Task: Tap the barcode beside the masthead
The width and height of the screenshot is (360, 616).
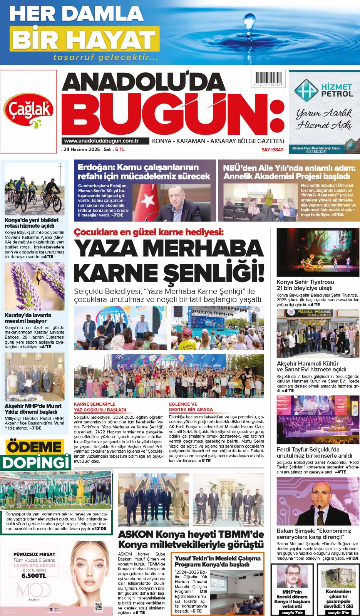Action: (268, 80)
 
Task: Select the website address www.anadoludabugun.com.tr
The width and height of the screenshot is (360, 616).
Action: (101, 141)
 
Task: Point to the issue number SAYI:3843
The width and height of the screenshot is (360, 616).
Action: (272, 149)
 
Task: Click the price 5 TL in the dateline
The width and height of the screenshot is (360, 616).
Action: (120, 149)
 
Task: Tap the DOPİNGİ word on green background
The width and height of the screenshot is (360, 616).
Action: (37, 462)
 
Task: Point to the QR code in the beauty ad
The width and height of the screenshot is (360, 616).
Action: (99, 607)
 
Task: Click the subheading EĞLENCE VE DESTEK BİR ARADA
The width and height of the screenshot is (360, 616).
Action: (191, 407)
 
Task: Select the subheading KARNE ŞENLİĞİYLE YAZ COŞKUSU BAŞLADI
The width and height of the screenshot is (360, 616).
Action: (100, 407)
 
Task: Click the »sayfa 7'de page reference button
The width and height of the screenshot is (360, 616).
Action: (292, 612)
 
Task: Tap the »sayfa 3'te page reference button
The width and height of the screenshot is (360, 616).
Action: (338, 612)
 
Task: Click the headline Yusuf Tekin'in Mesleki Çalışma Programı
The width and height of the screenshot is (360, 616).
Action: (218, 561)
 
